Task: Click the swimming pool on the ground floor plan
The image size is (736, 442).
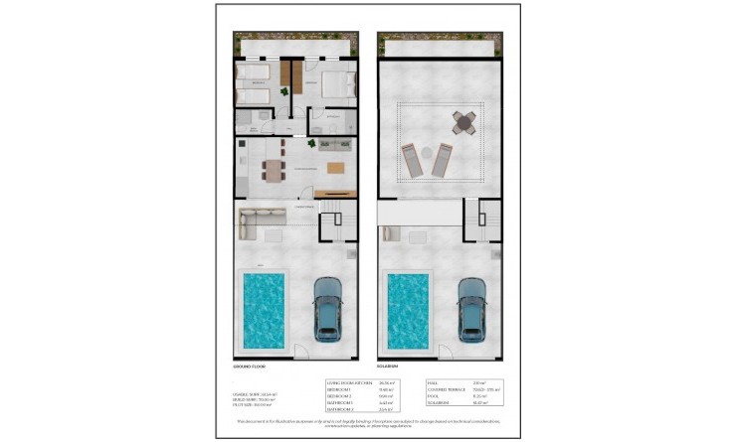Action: [263, 310]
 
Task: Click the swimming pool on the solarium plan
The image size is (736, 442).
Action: [407, 310]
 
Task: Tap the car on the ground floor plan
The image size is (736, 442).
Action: [328, 308]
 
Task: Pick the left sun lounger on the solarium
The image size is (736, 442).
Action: [413, 159]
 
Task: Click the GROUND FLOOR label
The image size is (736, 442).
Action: [250, 368]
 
